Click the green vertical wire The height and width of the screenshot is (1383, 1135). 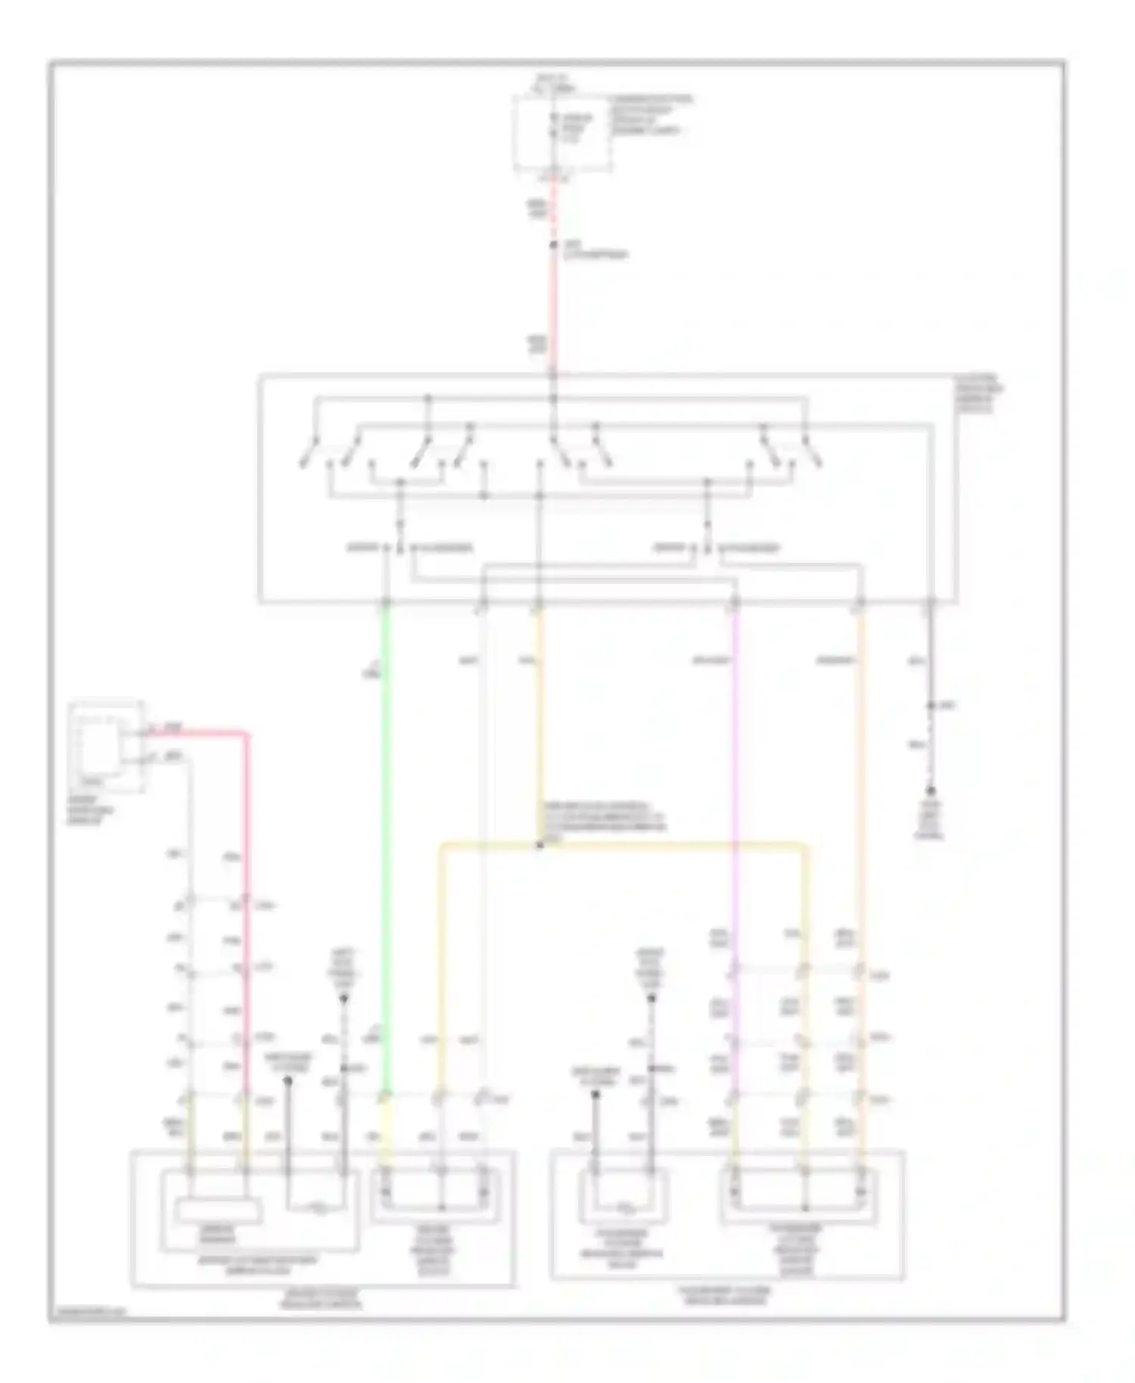[387, 832]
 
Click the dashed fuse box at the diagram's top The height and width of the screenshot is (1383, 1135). [562, 133]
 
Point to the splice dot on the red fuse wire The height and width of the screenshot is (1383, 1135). [554, 246]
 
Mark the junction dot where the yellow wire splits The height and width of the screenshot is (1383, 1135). [540, 845]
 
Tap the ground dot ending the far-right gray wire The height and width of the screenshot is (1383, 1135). [931, 791]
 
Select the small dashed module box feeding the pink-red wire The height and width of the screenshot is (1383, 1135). [105, 746]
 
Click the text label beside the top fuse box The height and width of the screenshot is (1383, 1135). [651, 114]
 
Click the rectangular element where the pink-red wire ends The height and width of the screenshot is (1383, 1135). [219, 1211]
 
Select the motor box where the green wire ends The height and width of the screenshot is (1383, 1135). [434, 1195]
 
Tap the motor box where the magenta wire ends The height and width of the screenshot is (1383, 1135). [798, 1195]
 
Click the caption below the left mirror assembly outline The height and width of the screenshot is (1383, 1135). [322, 1299]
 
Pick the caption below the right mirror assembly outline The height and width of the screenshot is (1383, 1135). [726, 1295]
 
